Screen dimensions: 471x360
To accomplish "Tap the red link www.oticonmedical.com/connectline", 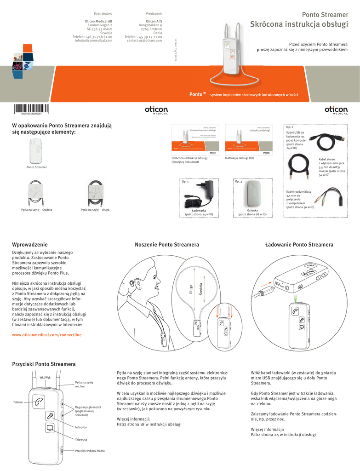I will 46,335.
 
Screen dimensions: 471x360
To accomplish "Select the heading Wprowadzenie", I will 29,244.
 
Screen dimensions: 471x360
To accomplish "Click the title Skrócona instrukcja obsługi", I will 299,25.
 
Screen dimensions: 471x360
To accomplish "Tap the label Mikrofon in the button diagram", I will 81,427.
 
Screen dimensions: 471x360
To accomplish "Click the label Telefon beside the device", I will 18,402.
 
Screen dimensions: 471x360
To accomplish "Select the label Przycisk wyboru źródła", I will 90,451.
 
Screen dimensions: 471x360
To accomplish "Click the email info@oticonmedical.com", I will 94,40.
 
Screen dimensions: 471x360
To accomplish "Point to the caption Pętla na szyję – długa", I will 95,210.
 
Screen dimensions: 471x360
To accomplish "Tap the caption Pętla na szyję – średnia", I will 36,210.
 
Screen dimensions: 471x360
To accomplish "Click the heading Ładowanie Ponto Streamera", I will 299,244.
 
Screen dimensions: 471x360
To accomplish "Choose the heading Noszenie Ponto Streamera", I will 167,244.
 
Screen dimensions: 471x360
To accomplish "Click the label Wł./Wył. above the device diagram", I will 45,377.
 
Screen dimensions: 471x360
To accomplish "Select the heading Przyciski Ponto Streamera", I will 44,364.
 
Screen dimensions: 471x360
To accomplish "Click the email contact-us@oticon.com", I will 144,40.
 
